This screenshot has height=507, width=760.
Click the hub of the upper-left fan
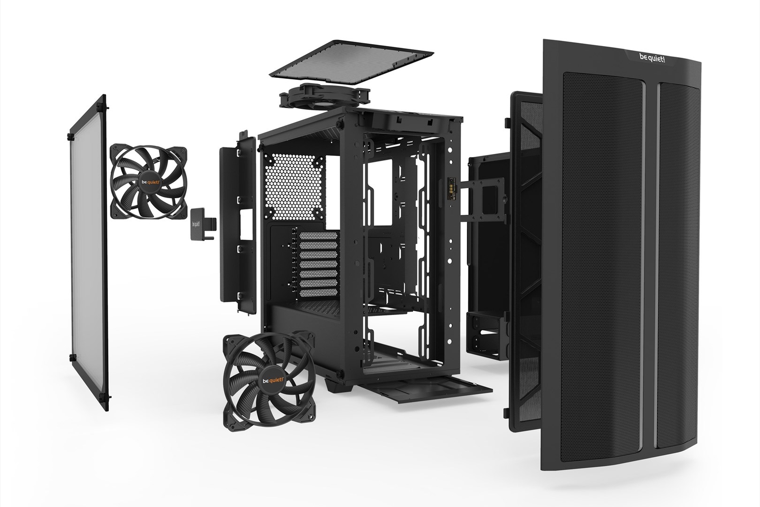tap(148, 182)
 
